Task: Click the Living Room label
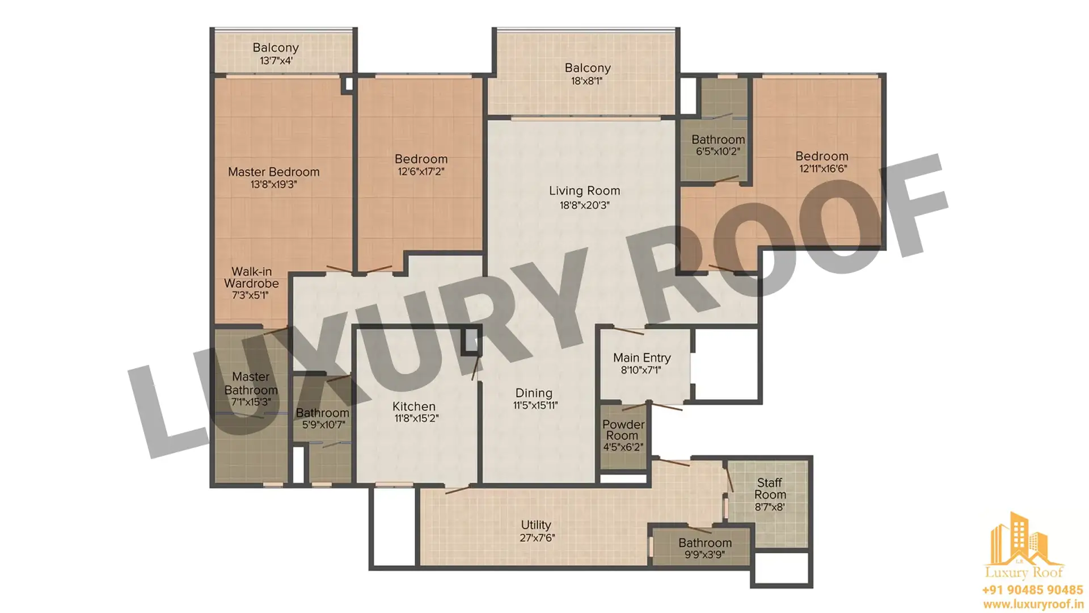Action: [x=584, y=191]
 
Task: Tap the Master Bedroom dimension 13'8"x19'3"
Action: [x=273, y=184]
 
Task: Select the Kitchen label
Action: [x=414, y=406]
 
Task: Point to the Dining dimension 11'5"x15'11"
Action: [x=535, y=405]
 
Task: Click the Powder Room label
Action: [x=623, y=430]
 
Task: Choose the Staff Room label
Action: [x=770, y=489]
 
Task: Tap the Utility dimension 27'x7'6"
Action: [x=537, y=538]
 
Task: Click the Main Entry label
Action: [x=641, y=358]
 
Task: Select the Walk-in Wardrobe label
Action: [x=251, y=277]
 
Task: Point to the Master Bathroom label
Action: [x=251, y=383]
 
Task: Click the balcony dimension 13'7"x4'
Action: [x=276, y=61]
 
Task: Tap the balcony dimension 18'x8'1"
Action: [x=587, y=81]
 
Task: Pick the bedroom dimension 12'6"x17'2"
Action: [x=421, y=171]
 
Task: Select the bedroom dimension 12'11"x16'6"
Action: [x=823, y=169]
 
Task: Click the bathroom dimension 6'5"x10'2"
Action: [x=718, y=152]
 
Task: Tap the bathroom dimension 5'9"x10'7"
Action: [x=323, y=425]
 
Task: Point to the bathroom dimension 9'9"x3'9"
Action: [x=705, y=555]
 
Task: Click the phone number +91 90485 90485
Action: [x=1032, y=590]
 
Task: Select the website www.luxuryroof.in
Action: [x=1032, y=605]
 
